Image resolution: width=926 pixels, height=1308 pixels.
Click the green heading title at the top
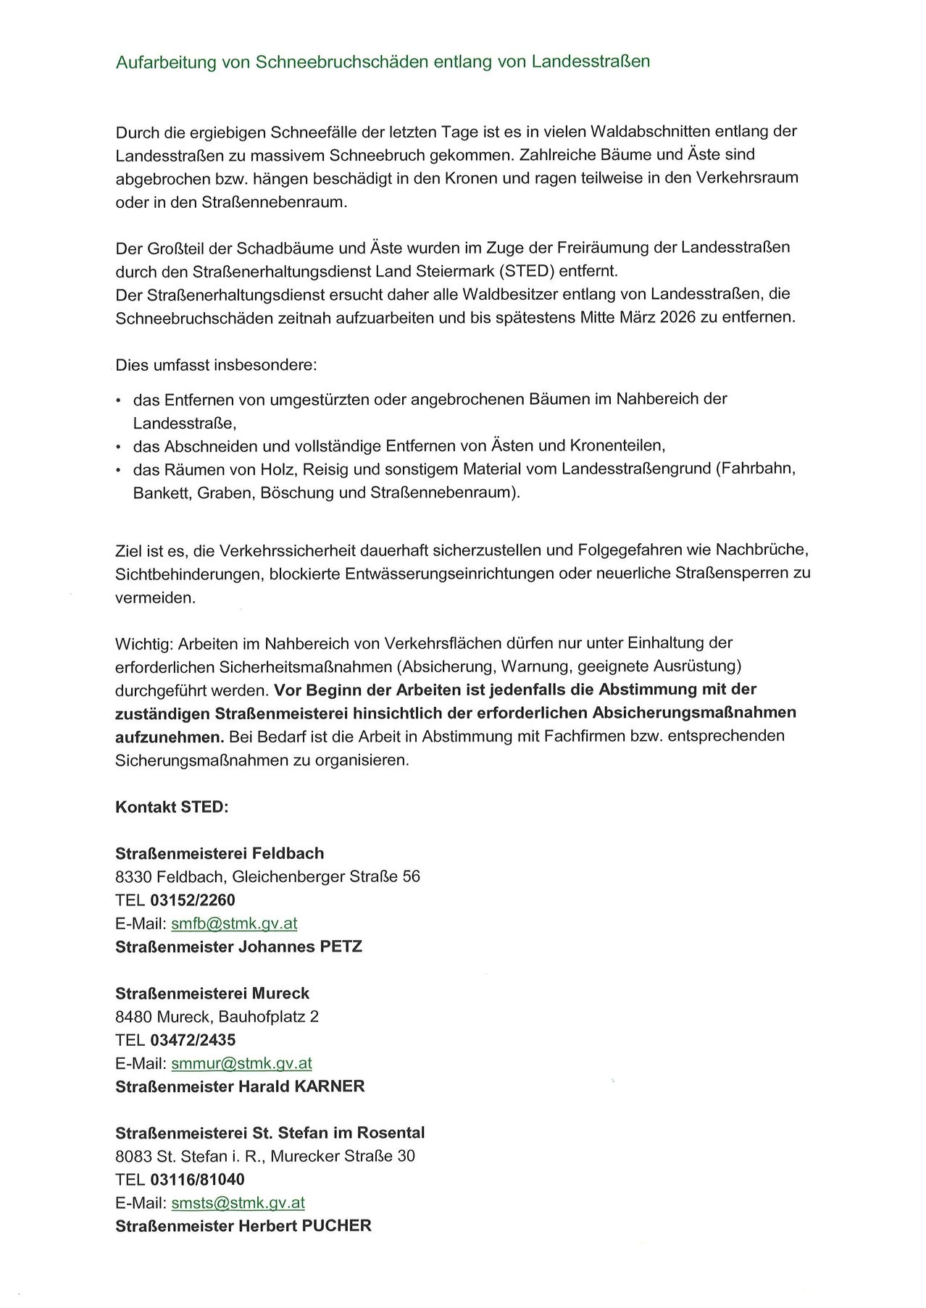pyautogui.click(x=383, y=62)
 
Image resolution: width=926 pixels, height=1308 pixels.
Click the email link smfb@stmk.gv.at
pyautogui.click(x=234, y=923)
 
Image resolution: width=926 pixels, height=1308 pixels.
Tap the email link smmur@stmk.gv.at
pyautogui.click(x=241, y=1063)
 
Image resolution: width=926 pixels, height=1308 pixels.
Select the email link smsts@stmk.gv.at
pyautogui.click(x=238, y=1203)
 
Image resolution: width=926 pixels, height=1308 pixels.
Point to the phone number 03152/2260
pyautogui.click(x=193, y=900)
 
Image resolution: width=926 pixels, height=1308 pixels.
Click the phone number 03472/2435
pyautogui.click(x=193, y=1040)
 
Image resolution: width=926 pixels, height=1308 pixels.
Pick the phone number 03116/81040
pyautogui.click(x=197, y=1180)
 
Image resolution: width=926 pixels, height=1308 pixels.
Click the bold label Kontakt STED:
pyautogui.click(x=172, y=807)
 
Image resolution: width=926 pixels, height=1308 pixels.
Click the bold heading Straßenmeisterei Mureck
pyautogui.click(x=212, y=994)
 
